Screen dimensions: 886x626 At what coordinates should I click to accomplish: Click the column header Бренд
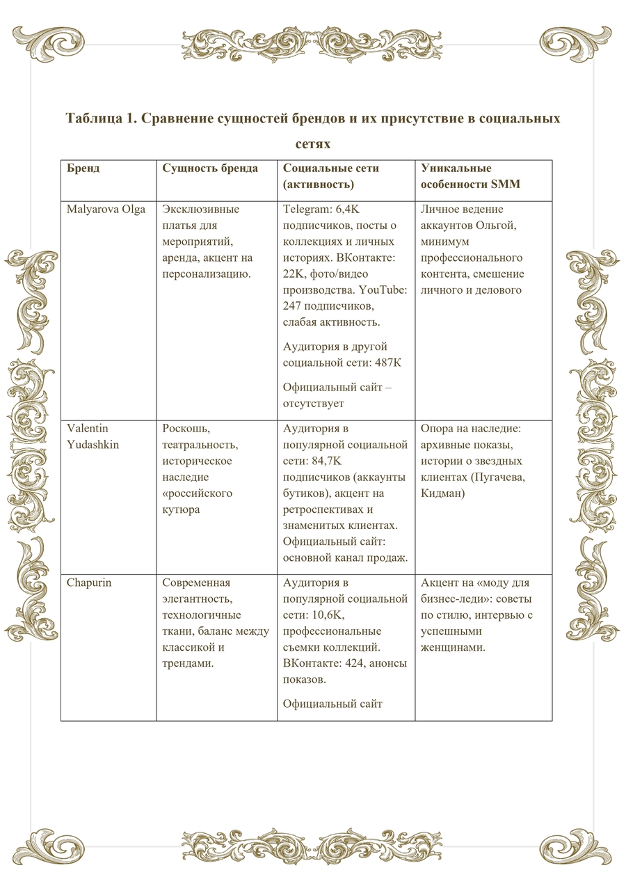(x=83, y=168)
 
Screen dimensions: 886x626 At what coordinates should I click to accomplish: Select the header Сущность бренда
(x=210, y=168)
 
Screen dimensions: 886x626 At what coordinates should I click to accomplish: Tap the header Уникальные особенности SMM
(x=470, y=176)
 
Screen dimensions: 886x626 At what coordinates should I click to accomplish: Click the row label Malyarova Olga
(x=106, y=209)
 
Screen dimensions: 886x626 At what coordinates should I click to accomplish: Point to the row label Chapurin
(x=88, y=583)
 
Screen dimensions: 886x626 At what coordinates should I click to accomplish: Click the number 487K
(x=387, y=363)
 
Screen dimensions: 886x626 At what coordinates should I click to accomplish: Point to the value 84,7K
(x=333, y=461)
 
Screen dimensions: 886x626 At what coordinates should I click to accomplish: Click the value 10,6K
(x=333, y=615)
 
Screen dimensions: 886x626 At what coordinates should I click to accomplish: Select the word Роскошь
(x=186, y=428)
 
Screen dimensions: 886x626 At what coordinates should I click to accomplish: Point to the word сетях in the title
(x=312, y=144)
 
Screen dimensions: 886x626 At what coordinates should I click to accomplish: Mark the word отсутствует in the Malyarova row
(x=314, y=403)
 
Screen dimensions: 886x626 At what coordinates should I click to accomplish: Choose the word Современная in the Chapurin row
(x=196, y=583)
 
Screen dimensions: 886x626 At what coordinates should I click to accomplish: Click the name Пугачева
(x=494, y=477)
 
